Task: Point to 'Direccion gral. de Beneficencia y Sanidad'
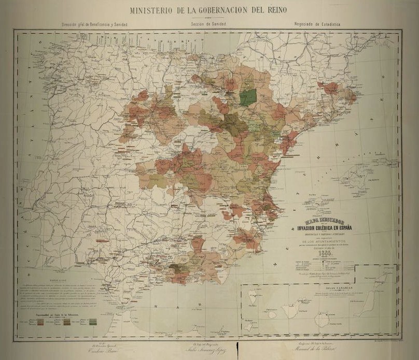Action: click(x=94, y=24)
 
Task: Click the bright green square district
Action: click(x=249, y=96)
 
